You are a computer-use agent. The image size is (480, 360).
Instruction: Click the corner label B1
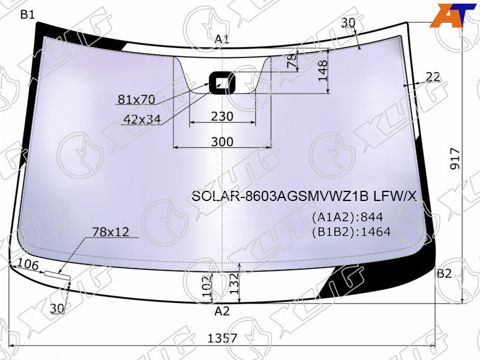click(x=28, y=14)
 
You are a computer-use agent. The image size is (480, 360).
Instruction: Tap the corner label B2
click(x=445, y=274)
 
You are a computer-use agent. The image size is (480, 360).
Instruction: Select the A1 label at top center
click(x=222, y=39)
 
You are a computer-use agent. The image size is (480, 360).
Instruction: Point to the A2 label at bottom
click(x=222, y=311)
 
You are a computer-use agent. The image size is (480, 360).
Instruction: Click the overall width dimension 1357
click(x=222, y=338)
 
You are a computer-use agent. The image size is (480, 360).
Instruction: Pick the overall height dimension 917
click(x=455, y=158)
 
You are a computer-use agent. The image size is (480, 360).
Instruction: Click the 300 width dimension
click(x=222, y=142)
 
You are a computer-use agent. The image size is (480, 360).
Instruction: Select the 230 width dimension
click(x=222, y=116)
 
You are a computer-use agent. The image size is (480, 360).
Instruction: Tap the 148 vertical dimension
click(x=323, y=71)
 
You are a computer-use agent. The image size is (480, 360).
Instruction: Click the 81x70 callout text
click(x=137, y=99)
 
